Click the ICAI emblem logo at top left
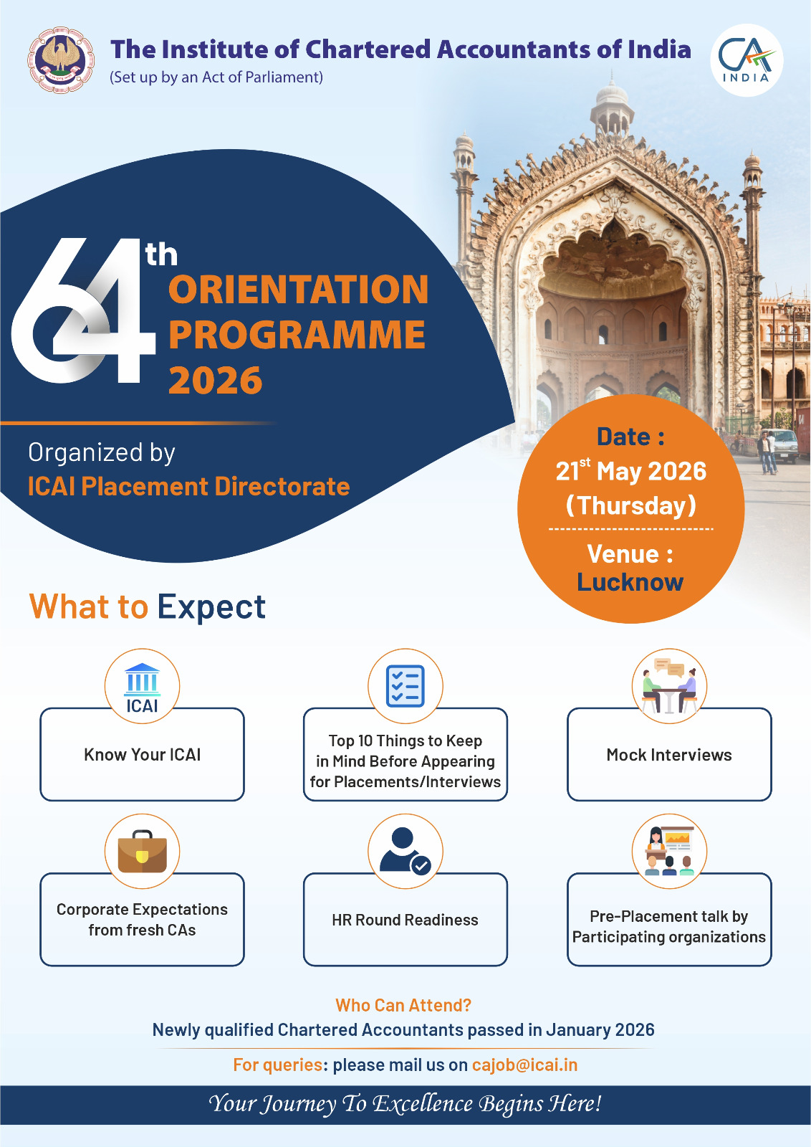[61, 60]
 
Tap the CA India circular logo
[747, 60]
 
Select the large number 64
[83, 311]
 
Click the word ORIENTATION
[298, 290]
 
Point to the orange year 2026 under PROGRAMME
[216, 381]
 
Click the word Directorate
[282, 487]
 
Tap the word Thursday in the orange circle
[631, 506]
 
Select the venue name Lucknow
[630, 583]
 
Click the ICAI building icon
[143, 687]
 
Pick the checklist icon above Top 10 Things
[405, 685]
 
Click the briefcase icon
[143, 851]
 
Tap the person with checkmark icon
[405, 850]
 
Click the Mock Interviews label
[668, 755]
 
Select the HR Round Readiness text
[405, 920]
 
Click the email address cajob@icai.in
[524, 1065]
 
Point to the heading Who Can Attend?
[403, 1005]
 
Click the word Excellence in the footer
[422, 1103]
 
